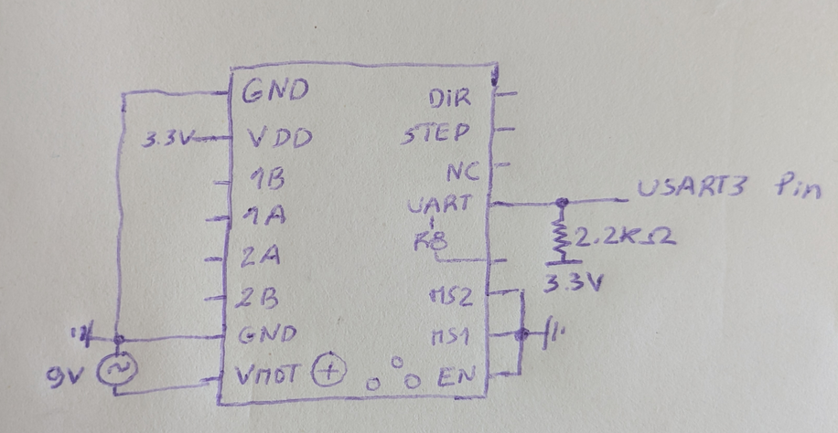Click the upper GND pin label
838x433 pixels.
pos(274,91)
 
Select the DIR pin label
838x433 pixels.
pos(449,98)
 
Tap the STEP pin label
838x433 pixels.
pos(436,135)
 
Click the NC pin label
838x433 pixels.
pos(458,173)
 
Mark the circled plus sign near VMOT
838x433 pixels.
pos(328,373)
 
